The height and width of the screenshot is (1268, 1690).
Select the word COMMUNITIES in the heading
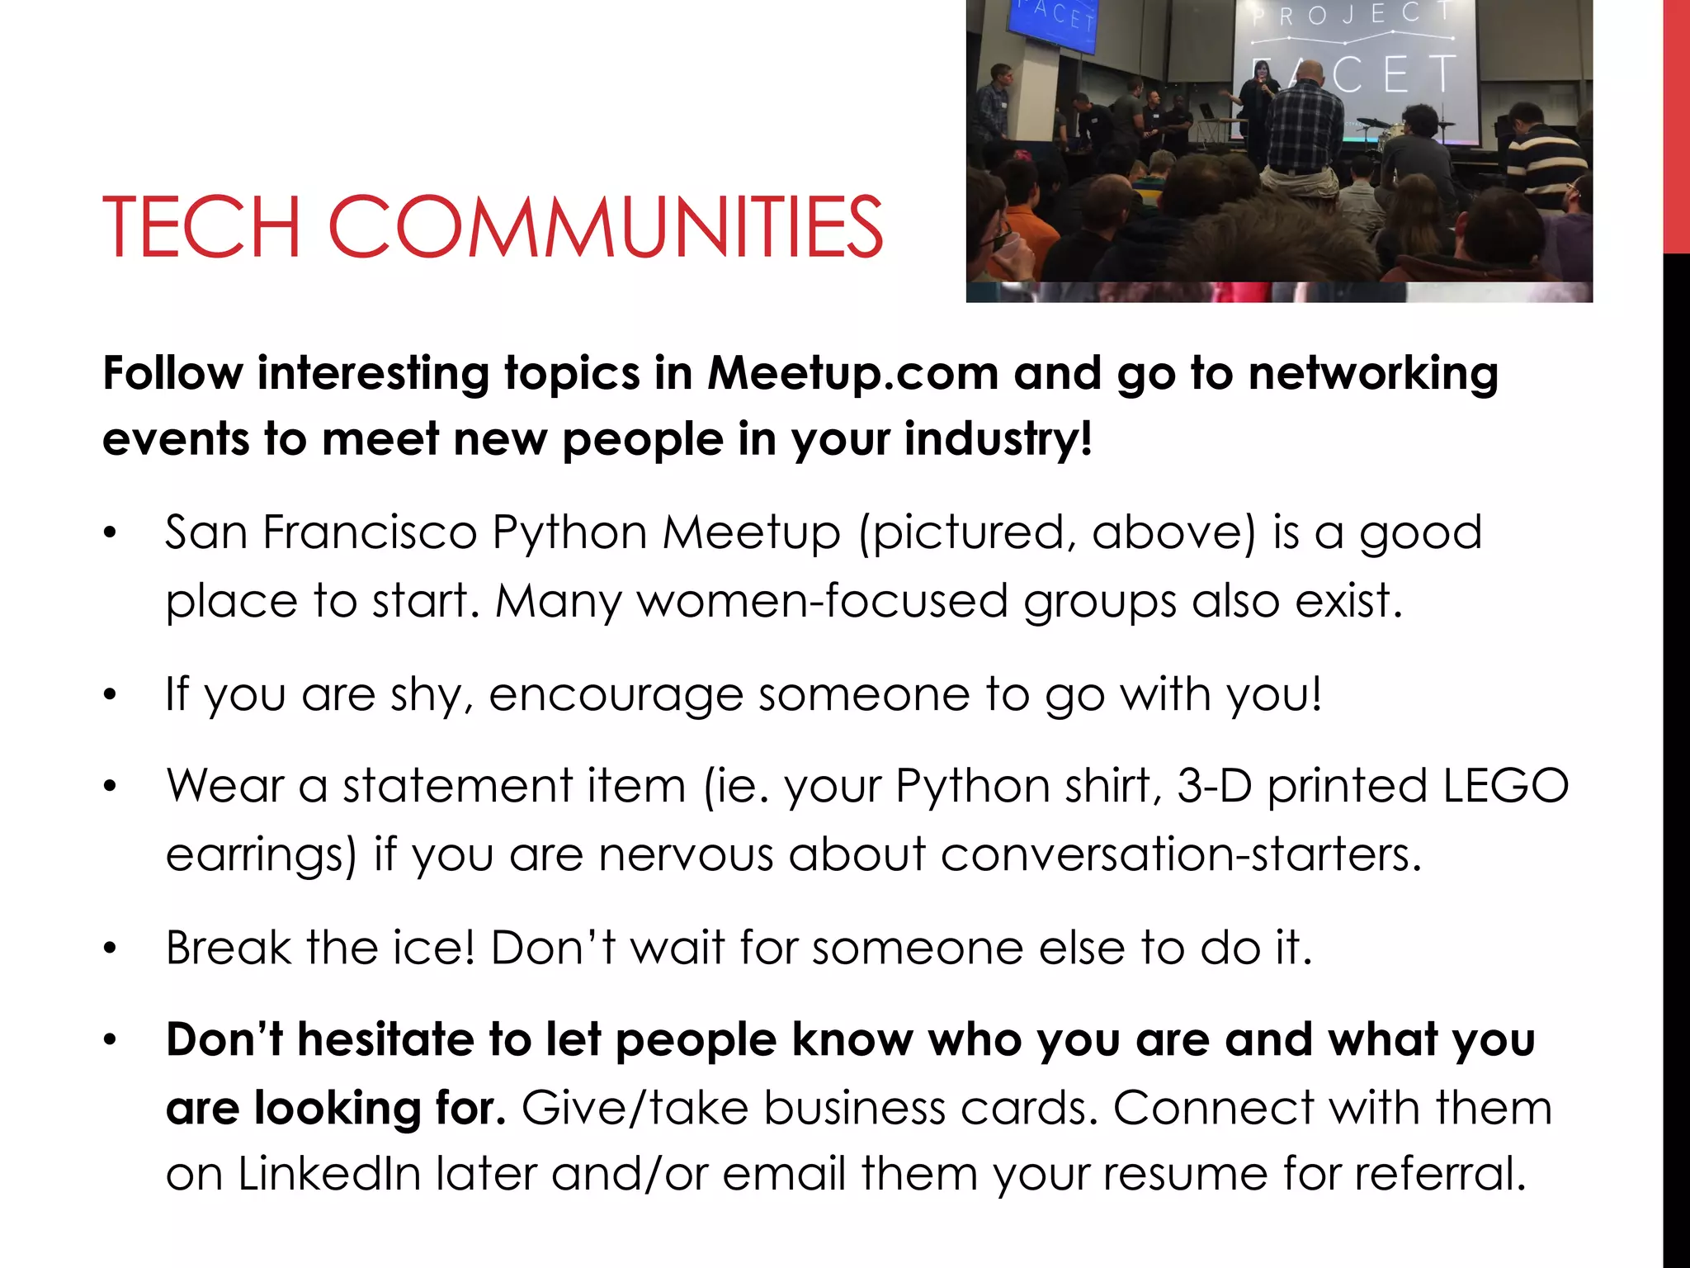click(606, 227)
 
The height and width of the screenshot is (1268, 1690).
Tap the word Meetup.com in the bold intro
click(853, 373)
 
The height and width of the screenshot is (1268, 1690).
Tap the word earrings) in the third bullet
click(261, 855)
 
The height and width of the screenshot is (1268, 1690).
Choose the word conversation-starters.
click(1181, 854)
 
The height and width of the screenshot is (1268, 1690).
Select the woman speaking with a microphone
click(1260, 95)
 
